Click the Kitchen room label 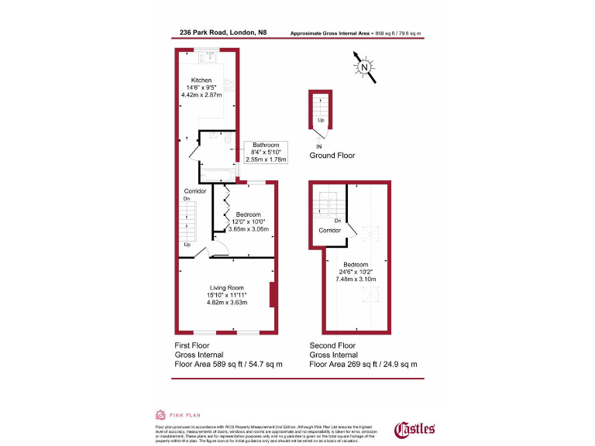click(201, 80)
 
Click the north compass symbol click(363, 68)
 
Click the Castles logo click(415, 428)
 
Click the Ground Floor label click(332, 156)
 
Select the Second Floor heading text click(332, 345)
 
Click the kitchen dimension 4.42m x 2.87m click(201, 95)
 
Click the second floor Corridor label click(329, 231)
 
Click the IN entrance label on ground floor click(318, 146)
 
